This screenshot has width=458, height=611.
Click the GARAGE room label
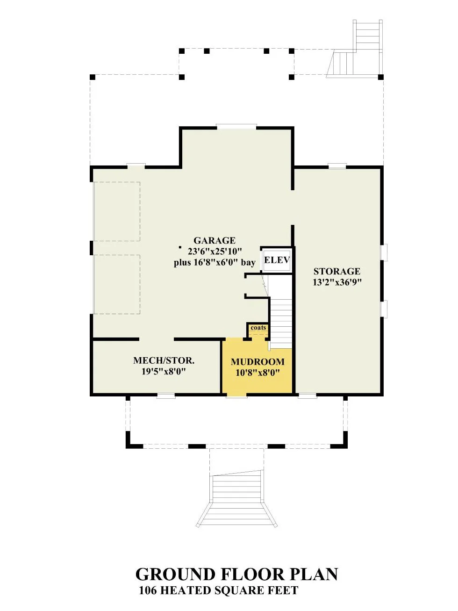click(214, 240)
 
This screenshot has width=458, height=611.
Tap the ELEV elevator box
click(277, 260)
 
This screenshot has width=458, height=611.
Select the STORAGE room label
click(336, 271)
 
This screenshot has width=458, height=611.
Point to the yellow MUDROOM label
click(258, 361)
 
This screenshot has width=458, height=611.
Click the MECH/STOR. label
click(164, 360)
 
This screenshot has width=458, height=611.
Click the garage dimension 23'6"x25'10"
click(214, 252)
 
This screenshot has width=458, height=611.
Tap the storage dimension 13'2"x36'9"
click(337, 282)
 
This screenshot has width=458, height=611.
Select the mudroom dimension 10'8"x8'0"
click(258, 373)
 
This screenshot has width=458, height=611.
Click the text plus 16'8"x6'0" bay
click(215, 263)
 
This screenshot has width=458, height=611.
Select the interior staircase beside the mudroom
click(281, 312)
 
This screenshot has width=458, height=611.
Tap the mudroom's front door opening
click(236, 395)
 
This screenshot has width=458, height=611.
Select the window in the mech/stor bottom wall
click(165, 396)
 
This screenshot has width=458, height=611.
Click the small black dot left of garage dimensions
click(180, 247)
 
